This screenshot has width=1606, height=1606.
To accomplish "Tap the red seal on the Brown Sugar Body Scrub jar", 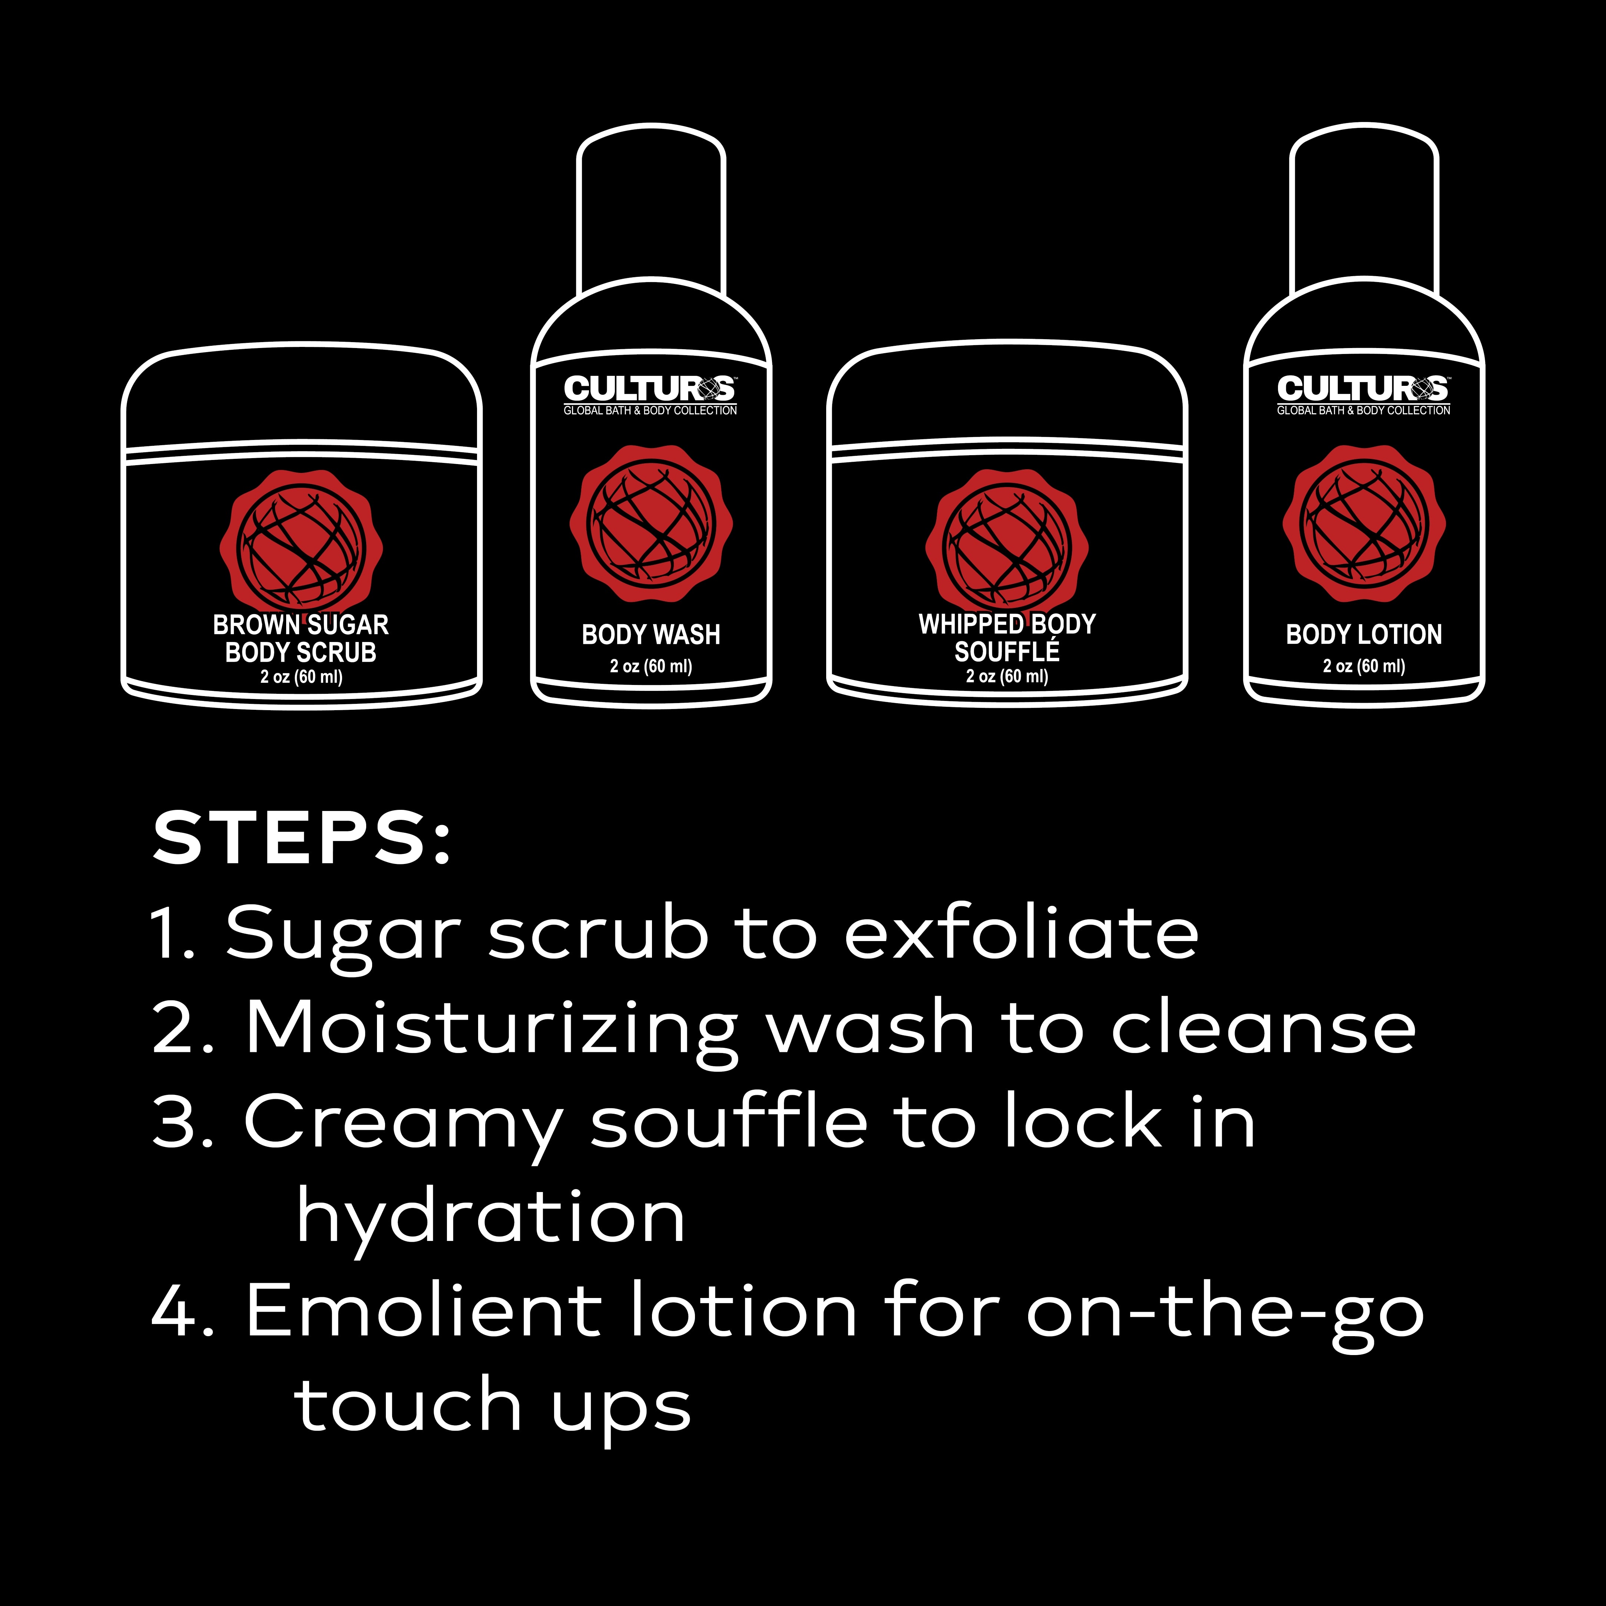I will coord(301,544).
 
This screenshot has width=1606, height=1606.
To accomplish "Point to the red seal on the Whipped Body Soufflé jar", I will coord(1007,544).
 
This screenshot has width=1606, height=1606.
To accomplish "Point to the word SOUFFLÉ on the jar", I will coord(1007,652).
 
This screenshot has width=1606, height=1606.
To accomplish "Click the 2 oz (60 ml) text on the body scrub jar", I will coord(301,677).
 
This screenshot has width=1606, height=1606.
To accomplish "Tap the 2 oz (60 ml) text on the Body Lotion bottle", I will coord(1364,666).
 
